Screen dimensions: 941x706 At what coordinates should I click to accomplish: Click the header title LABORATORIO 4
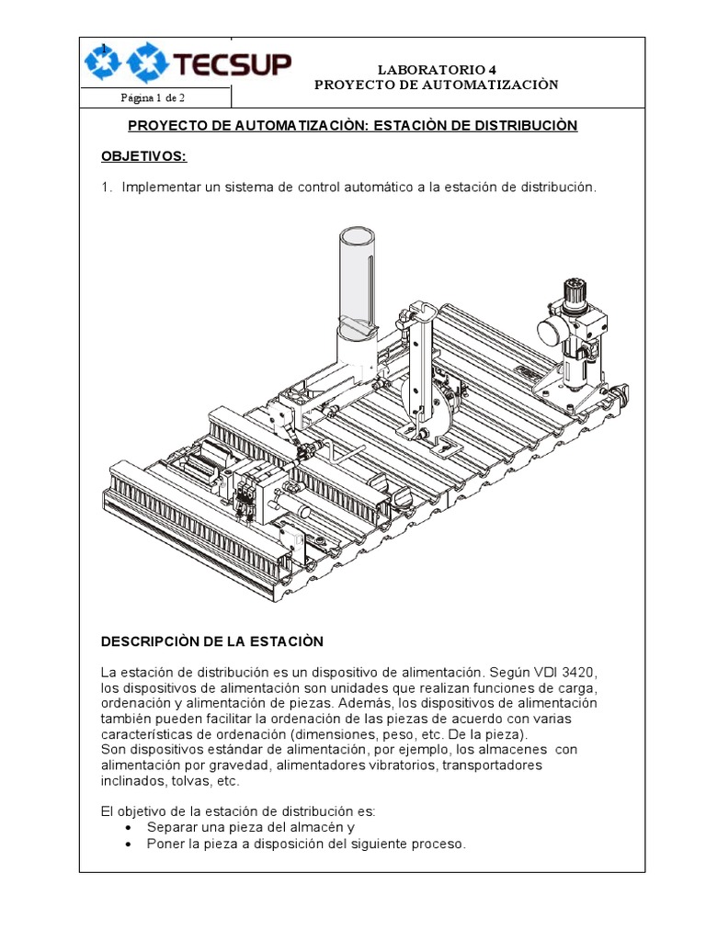pos(436,69)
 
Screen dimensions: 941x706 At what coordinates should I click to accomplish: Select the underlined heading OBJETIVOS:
pos(143,156)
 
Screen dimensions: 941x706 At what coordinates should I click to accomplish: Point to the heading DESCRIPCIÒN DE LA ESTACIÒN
pos(212,641)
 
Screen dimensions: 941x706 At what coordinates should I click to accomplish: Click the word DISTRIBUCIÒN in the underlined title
pos(525,125)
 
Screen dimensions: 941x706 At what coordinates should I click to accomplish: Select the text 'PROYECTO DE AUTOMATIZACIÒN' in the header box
pos(436,85)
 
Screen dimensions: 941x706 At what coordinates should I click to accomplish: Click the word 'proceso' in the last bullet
pos(441,844)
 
